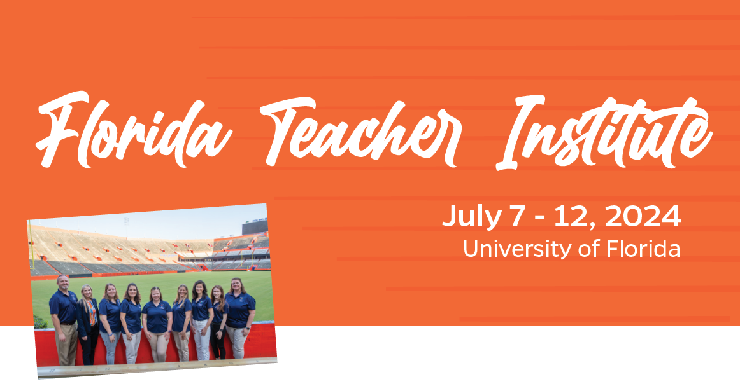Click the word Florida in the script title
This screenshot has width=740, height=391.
(x=133, y=130)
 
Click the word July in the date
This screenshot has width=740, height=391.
(x=471, y=217)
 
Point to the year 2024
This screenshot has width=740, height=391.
(x=643, y=216)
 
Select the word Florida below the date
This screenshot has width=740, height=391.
(x=643, y=248)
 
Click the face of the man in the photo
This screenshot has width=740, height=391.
(x=62, y=283)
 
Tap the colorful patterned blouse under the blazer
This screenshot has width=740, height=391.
(x=92, y=313)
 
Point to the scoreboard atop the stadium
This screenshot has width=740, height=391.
(x=255, y=226)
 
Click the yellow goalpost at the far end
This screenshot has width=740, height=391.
(x=247, y=262)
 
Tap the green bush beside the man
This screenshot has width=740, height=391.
(x=40, y=323)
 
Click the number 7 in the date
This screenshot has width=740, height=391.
(x=516, y=216)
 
